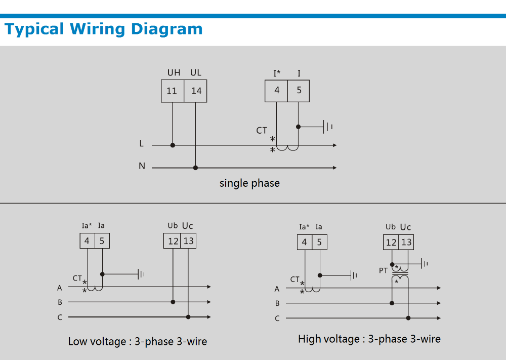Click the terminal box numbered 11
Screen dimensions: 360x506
pyautogui.click(x=172, y=91)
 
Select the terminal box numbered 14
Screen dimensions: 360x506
pyautogui.click(x=196, y=91)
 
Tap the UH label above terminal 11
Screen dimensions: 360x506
pyautogui.click(x=174, y=73)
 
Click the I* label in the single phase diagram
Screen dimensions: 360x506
pyautogui.click(x=277, y=73)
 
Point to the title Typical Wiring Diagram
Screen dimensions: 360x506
pyautogui.click(x=104, y=29)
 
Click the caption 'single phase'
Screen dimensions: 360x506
pyautogui.click(x=249, y=183)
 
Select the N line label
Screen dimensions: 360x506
pyautogui.click(x=142, y=166)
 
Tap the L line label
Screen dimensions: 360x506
pyautogui.click(x=142, y=144)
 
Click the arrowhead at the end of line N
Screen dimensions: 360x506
pyautogui.click(x=334, y=168)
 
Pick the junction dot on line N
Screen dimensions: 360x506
pyautogui.click(x=196, y=168)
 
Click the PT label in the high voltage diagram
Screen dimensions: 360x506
pyautogui.click(x=384, y=271)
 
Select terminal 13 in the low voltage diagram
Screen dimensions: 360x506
pyautogui.click(x=188, y=241)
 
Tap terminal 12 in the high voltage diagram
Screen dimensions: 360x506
pyautogui.click(x=391, y=243)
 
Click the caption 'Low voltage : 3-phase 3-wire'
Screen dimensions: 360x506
pyautogui.click(x=138, y=342)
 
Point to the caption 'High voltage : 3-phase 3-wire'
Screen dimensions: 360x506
pyautogui.click(x=369, y=339)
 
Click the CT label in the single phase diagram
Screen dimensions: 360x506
pyautogui.click(x=262, y=131)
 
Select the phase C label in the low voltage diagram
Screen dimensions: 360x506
pyautogui.click(x=60, y=317)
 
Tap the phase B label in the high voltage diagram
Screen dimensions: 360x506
pyautogui.click(x=277, y=304)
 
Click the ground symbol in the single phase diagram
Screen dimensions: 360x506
pyautogui.click(x=328, y=127)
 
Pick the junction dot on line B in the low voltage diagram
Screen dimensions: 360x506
pyautogui.click(x=173, y=302)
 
